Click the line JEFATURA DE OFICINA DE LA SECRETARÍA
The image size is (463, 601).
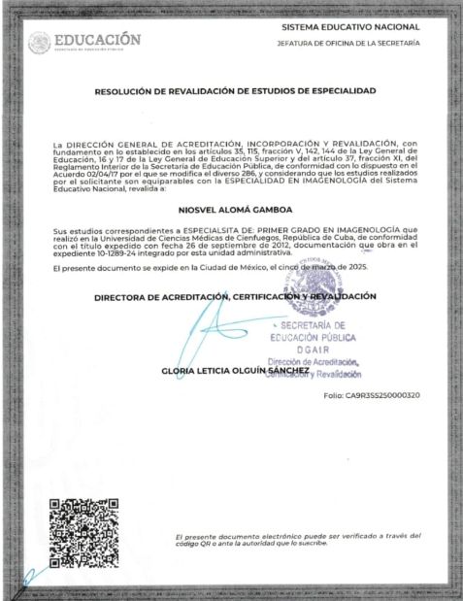(x=348, y=44)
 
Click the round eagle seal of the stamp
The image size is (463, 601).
(x=309, y=289)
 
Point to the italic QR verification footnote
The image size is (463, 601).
(x=298, y=540)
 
